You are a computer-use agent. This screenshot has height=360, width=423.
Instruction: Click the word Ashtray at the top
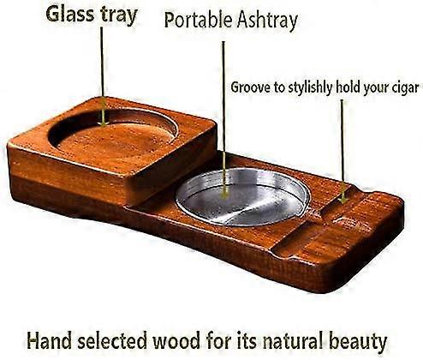[x=268, y=21]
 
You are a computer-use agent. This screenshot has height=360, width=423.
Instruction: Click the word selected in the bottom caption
[x=112, y=340]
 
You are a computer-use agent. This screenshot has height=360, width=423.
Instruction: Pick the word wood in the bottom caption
[x=176, y=340]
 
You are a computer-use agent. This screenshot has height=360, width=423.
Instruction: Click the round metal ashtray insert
[x=242, y=197]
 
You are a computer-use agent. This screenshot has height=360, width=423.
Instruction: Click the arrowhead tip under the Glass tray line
[x=103, y=125]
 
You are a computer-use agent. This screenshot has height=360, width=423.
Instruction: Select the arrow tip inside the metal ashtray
[x=225, y=198]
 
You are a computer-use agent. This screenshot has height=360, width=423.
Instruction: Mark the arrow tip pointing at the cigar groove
[x=344, y=203]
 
